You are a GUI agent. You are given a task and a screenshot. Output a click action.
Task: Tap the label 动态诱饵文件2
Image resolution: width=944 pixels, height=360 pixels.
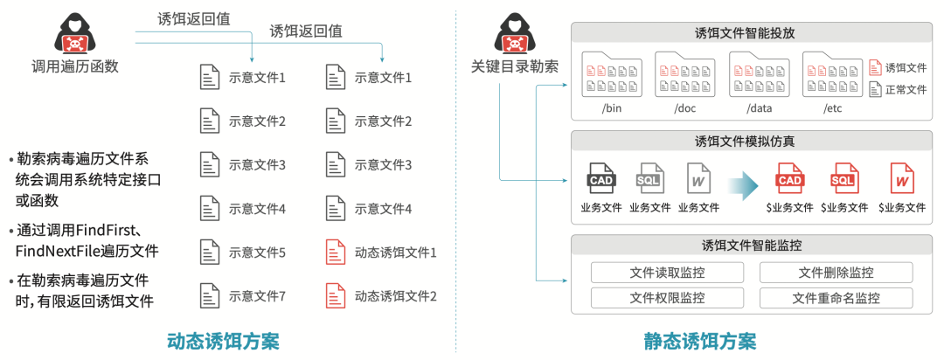pyautogui.click(x=395, y=295)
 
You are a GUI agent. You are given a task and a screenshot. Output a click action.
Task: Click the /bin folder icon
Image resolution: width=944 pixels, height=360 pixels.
pyautogui.click(x=612, y=76)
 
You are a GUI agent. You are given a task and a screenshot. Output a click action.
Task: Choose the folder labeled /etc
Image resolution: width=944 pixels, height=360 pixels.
pyautogui.click(x=832, y=76)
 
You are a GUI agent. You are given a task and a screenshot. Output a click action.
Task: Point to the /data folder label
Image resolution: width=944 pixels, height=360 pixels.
pyautogui.click(x=759, y=109)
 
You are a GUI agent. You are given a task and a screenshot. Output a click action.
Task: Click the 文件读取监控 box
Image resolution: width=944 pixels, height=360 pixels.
pyautogui.click(x=667, y=273)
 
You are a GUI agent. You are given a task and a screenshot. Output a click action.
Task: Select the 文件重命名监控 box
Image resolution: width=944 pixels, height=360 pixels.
pyautogui.click(x=836, y=298)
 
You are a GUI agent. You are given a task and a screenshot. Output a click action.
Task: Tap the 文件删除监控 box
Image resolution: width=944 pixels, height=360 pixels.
pyautogui.click(x=836, y=273)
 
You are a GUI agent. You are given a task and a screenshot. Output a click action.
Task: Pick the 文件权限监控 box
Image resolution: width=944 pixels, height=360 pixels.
pyautogui.click(x=667, y=298)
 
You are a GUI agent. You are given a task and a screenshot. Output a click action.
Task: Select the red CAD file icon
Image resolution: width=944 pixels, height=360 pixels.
pyautogui.click(x=789, y=179)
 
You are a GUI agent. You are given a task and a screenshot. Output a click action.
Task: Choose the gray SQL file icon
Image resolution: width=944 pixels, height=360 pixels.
pyautogui.click(x=650, y=179)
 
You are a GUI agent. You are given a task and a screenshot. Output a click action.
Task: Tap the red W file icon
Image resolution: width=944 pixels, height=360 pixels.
pyautogui.click(x=904, y=179)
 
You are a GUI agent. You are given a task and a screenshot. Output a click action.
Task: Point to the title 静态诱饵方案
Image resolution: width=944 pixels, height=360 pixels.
pyautogui.click(x=700, y=340)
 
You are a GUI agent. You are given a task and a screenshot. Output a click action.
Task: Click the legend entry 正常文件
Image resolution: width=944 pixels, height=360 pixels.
pyautogui.click(x=906, y=89)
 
